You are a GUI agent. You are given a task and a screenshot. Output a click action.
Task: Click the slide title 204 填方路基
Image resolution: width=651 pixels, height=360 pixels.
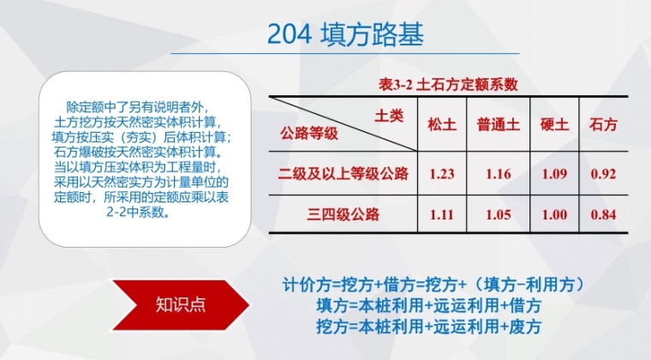(345, 34)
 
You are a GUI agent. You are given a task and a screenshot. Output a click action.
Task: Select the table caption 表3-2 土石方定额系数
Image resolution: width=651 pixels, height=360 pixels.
(448, 85)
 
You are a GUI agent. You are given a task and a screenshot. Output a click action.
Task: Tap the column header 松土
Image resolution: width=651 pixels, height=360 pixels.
(442, 124)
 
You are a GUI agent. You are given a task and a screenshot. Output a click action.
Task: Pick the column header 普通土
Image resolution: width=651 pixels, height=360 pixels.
(499, 124)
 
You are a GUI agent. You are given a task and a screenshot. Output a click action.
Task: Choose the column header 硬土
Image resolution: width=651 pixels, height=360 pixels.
(554, 124)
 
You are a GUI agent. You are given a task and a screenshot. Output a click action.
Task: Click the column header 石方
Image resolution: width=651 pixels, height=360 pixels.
(603, 124)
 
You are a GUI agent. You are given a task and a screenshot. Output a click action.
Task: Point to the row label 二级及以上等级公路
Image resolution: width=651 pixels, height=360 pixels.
(343, 173)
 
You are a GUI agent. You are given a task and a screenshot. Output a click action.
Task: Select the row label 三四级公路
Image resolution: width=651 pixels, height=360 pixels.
(343, 214)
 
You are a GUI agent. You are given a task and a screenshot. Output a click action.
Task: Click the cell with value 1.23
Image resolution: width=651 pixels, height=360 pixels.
(442, 174)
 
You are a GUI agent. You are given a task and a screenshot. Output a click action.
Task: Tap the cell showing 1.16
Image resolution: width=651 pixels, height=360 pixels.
(499, 174)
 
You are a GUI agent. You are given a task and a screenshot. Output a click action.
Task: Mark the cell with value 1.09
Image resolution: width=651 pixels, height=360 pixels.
(554, 174)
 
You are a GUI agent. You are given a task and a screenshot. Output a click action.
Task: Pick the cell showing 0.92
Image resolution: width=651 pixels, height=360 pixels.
(603, 174)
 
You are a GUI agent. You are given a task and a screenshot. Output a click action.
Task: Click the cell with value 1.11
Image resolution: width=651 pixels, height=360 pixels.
(442, 214)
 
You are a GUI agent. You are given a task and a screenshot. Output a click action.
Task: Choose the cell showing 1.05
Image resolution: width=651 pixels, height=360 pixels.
(499, 214)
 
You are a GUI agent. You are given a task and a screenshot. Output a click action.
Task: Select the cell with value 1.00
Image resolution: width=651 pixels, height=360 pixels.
(554, 214)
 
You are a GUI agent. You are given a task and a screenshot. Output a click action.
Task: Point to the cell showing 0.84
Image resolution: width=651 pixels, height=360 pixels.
(603, 214)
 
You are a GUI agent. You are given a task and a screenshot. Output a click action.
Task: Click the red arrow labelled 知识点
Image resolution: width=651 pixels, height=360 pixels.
(181, 305)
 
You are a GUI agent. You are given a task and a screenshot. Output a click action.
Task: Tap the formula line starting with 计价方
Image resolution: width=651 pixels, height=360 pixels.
(433, 285)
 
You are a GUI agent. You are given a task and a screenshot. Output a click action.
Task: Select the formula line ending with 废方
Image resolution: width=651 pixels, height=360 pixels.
(429, 327)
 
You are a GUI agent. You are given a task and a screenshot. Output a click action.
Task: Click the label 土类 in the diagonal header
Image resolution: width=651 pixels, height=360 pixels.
(389, 116)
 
